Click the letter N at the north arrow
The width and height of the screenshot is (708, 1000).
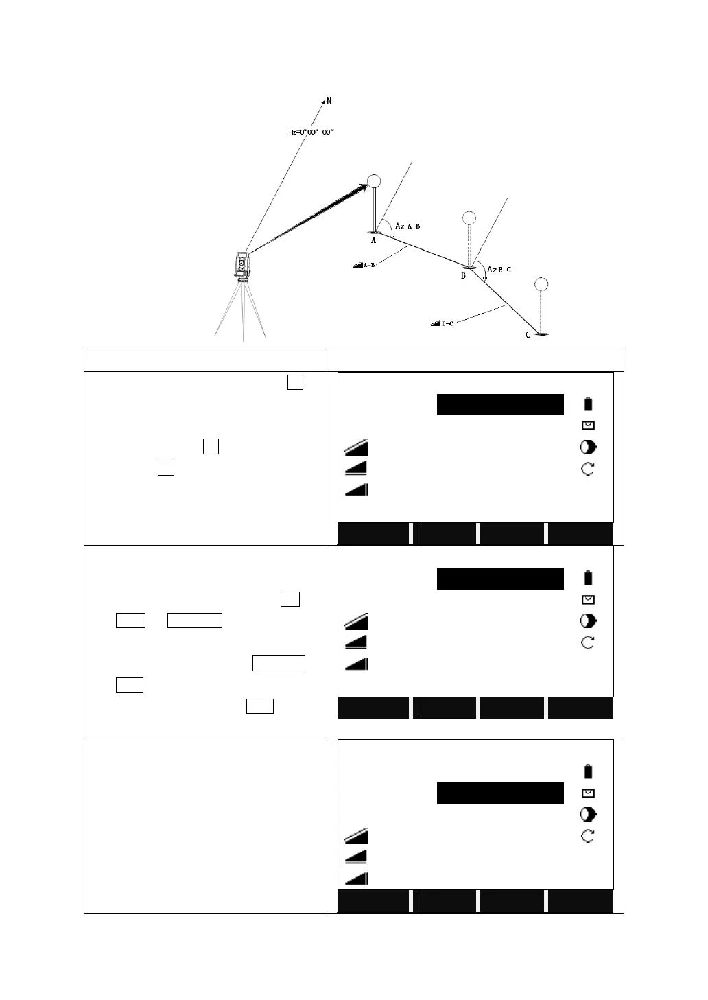click(x=329, y=101)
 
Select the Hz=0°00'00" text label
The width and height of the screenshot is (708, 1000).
click(x=311, y=132)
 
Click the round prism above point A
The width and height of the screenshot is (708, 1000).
click(x=374, y=181)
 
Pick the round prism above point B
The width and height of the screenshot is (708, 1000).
click(x=469, y=218)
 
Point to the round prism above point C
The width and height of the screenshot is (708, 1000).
click(x=542, y=284)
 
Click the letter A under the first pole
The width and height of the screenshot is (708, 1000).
click(x=374, y=241)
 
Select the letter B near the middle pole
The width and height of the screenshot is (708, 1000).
click(x=463, y=275)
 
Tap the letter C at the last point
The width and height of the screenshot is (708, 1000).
click(x=528, y=335)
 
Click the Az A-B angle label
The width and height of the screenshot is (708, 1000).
click(x=408, y=226)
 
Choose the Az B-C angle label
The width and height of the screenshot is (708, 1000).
click(x=499, y=270)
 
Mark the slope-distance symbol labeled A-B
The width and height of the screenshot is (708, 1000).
click(x=364, y=264)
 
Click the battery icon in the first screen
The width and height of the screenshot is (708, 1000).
click(x=588, y=404)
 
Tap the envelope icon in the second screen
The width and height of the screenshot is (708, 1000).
click(x=588, y=599)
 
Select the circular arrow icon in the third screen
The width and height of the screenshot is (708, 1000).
click(x=588, y=836)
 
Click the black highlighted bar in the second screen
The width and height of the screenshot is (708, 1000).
click(x=500, y=579)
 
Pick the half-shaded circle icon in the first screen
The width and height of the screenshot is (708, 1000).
click(x=588, y=447)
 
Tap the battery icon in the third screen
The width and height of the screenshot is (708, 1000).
click(x=588, y=771)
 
